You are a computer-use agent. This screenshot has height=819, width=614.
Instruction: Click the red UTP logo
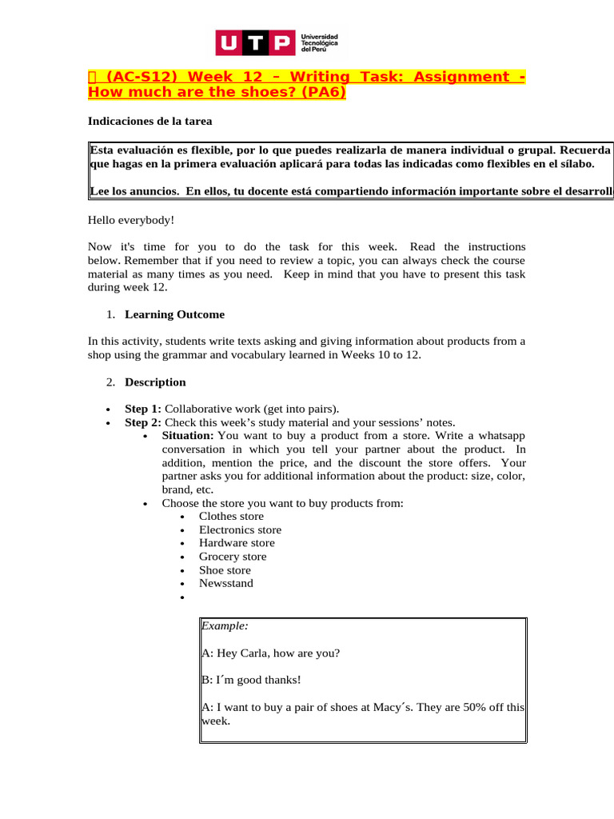(255, 43)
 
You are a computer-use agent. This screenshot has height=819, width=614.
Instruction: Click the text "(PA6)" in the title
(324, 92)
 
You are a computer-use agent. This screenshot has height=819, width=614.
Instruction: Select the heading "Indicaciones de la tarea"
(150, 122)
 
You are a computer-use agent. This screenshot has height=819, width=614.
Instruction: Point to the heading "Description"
(155, 382)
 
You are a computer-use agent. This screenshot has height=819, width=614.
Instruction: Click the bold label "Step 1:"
(143, 409)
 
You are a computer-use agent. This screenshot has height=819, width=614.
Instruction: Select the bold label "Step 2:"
(143, 422)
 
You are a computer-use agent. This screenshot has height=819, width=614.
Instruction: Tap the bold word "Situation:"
(188, 436)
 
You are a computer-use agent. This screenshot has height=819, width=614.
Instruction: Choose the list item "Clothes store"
(231, 517)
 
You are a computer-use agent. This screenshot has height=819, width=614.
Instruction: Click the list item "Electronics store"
(240, 529)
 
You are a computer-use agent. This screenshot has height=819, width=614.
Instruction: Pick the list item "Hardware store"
(237, 543)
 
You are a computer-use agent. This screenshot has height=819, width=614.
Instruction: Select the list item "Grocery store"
(233, 557)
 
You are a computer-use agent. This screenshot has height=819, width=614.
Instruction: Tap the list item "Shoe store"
(225, 570)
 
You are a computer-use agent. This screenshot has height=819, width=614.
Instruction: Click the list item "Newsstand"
(226, 583)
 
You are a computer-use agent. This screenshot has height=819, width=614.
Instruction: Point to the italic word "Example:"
(219, 625)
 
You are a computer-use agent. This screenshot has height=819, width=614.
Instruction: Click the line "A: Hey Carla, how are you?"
(270, 653)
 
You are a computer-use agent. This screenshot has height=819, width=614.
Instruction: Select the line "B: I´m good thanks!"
(251, 680)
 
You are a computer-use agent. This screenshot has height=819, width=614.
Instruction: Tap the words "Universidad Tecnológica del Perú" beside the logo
(319, 43)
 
